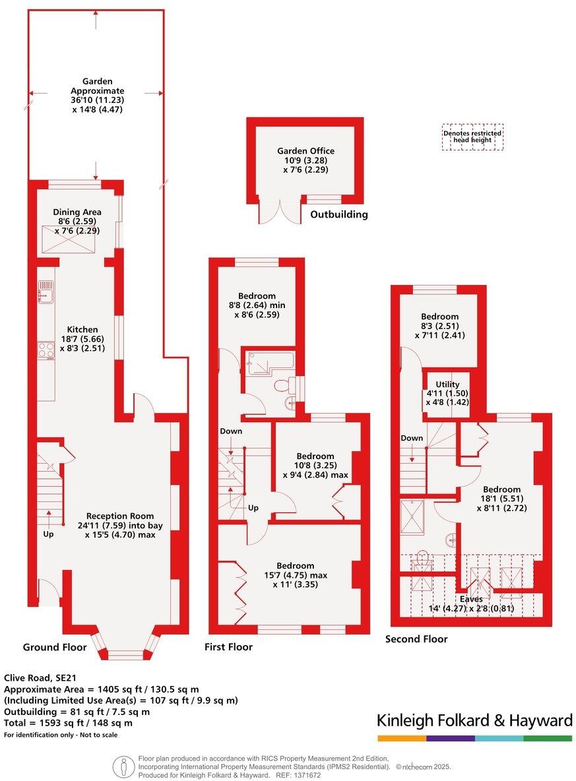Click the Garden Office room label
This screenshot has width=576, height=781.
305,151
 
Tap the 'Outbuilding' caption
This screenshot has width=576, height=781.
338,214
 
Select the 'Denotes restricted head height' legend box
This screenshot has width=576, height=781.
472,137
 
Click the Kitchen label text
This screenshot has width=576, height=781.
82,329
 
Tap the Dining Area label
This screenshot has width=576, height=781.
77,212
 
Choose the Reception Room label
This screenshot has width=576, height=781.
120,516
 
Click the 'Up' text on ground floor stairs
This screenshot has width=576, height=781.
48,533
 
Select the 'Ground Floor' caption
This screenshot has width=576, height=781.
55,647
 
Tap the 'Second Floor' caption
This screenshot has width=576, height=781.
416,639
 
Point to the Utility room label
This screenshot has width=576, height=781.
447,384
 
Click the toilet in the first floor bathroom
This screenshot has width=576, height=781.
280,385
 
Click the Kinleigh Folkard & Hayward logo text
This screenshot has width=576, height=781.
474,720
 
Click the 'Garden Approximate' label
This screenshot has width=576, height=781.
97,86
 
